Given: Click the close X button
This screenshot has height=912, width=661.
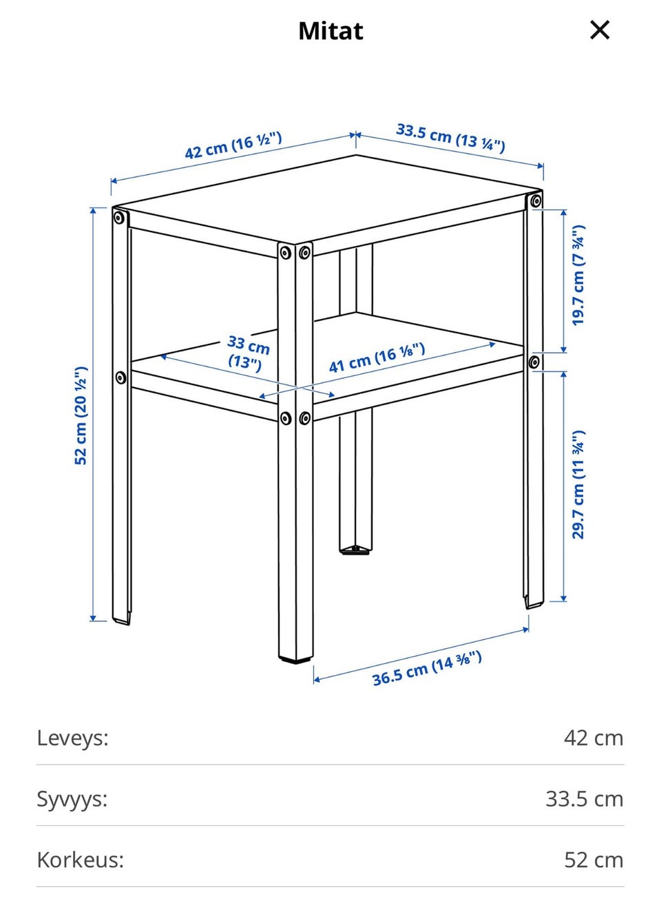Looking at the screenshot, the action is tap(600, 30).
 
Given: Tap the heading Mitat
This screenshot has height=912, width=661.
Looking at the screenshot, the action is tap(330, 31).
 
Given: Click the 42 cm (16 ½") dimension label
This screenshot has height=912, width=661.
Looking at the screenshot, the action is tap(233, 145).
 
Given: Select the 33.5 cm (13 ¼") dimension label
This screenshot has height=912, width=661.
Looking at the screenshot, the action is tap(450, 138).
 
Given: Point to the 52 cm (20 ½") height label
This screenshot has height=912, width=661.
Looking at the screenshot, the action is tap(81, 415).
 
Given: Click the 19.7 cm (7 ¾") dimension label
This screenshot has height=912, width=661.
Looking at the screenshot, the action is tap(578, 276).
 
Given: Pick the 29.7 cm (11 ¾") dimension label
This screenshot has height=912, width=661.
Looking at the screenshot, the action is tap(578, 484).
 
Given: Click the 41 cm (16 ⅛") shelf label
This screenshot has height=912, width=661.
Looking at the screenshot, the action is tap(377, 358).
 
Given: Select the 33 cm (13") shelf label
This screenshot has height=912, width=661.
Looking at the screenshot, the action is tap(247, 353).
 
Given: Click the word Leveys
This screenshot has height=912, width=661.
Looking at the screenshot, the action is tap(73, 738).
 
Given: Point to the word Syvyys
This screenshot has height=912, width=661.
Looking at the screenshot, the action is tap(72, 799).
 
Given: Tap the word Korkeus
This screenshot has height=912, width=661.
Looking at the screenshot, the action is tap(80, 860).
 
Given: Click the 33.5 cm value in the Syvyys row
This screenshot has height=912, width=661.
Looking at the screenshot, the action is tap(585, 799).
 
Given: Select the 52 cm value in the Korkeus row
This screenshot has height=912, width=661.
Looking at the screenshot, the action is tap(594, 860).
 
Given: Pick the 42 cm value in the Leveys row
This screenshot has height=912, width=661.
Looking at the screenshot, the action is tap(594, 738).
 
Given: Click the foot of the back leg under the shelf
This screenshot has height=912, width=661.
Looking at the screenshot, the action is tap(355, 550).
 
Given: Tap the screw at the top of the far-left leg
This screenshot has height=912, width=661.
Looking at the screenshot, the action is tap(119, 218).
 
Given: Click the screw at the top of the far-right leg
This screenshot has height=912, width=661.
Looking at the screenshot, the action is tap(536, 200).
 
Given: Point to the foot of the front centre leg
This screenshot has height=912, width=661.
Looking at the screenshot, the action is tap(296, 656).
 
